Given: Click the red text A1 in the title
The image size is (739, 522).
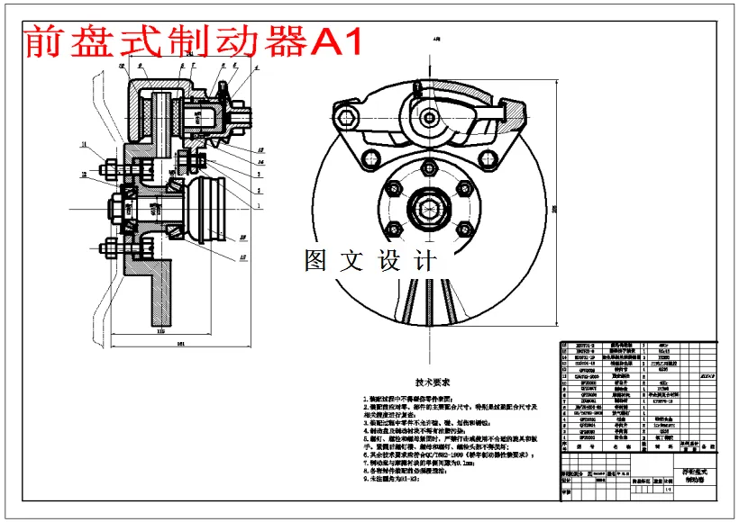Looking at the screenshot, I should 335,40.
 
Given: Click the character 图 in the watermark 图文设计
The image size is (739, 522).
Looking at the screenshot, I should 316,260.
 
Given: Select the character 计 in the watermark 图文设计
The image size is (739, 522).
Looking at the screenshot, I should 423,260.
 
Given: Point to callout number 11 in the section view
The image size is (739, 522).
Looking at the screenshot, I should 83,143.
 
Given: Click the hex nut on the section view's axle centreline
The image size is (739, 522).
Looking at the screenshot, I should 116,210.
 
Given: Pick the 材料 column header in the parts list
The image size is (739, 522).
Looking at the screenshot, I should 662,445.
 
